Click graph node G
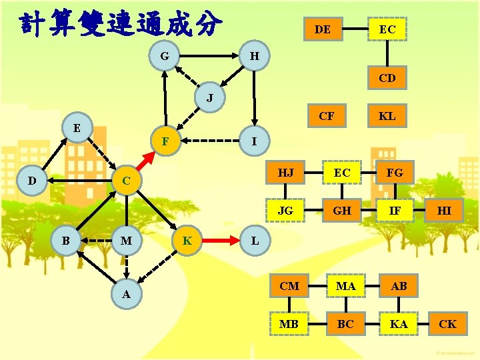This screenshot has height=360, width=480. (164, 56)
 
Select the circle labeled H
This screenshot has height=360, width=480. (254, 56)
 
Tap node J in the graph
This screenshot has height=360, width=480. (209, 99)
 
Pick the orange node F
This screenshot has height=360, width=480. (165, 141)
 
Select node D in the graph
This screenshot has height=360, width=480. (31, 180)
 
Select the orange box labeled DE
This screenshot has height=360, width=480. (323, 29)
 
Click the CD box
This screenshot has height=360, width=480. (387, 78)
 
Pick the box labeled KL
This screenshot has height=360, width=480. (387, 116)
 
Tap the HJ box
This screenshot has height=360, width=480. (285, 173)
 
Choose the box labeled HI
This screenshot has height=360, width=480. (444, 211)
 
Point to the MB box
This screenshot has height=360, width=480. (289, 324)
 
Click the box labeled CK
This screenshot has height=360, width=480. (448, 324)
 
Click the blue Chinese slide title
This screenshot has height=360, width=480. (120, 24)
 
